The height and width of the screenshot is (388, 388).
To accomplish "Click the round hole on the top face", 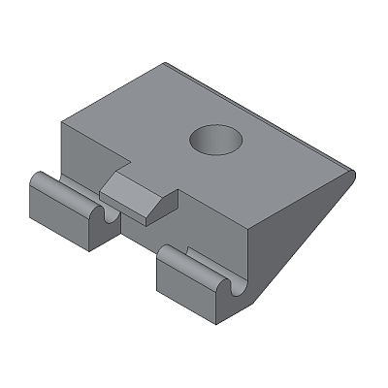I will [x=214, y=141].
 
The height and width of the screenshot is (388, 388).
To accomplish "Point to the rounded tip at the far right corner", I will [x=350, y=176].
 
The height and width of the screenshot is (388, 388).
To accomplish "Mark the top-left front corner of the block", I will [x=61, y=124].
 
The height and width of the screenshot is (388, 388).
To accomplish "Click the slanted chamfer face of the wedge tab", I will [x=154, y=207].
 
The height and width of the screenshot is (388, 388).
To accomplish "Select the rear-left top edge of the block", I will [x=112, y=94].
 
